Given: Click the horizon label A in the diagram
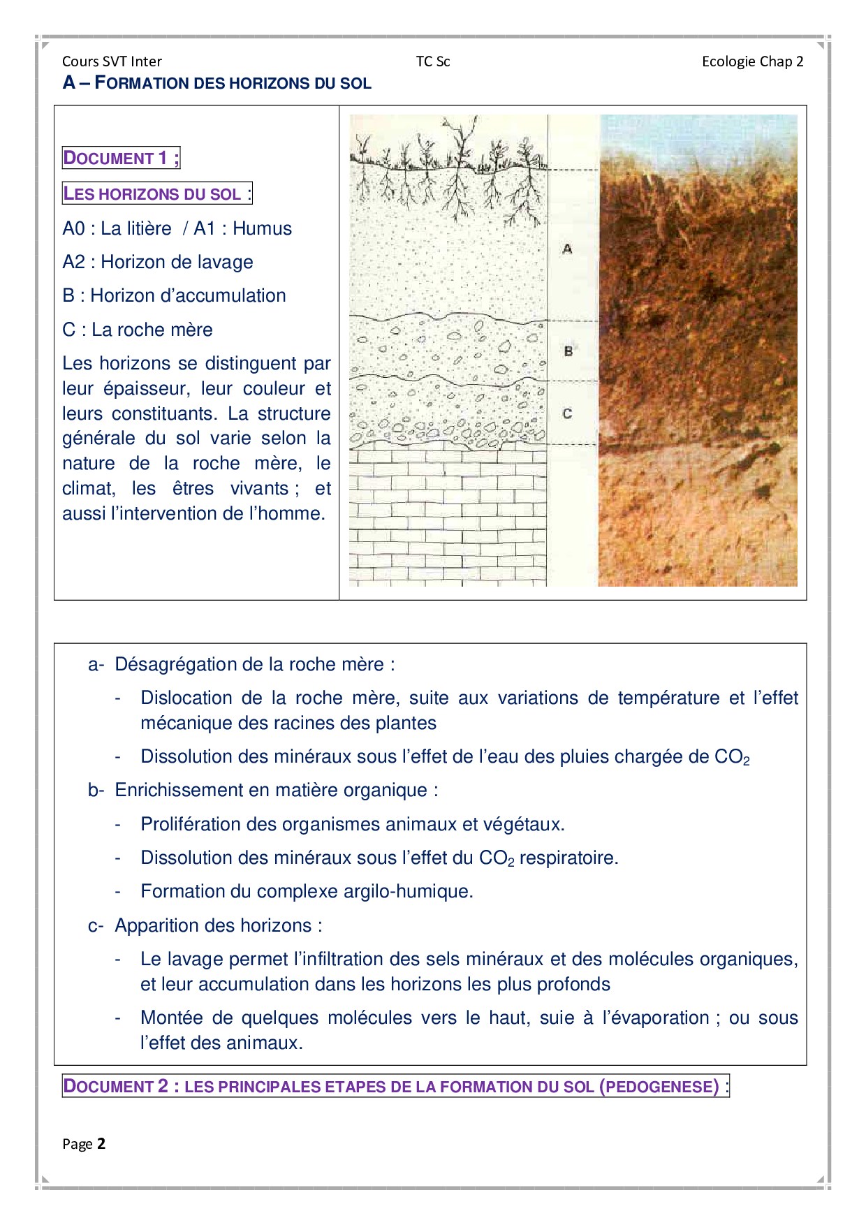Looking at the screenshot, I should tap(567, 249).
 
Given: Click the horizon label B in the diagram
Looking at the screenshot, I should tap(568, 351).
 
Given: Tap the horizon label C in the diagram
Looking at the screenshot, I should tap(567, 413).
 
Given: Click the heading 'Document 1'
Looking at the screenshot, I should tap(121, 158).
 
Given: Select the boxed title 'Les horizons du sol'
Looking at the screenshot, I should tap(156, 193).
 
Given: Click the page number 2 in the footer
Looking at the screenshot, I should tap(101, 1143).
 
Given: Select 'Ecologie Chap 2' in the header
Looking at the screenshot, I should tap(752, 61).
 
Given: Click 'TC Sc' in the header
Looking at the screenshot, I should tap(433, 61).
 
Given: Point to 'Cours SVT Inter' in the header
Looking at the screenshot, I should tap(112, 61).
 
